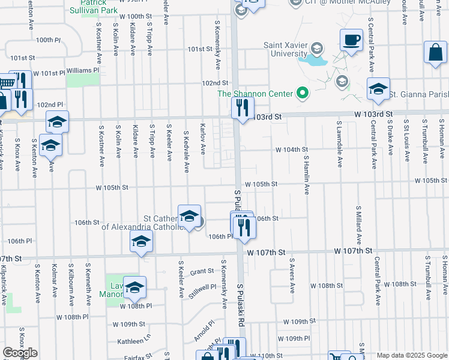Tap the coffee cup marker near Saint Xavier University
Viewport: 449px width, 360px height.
[x=351, y=41]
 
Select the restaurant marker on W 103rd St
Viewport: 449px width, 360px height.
[x=243, y=109]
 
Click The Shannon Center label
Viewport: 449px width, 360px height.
[x=255, y=94]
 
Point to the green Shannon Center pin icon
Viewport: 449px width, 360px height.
[x=303, y=93]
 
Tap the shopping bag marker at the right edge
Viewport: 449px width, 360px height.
[x=435, y=53]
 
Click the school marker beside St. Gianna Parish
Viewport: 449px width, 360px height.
[x=378, y=90]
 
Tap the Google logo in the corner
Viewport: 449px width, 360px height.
[x=20, y=353]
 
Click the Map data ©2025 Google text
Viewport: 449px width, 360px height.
[x=411, y=355]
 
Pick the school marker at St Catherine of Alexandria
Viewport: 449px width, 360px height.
[x=189, y=217]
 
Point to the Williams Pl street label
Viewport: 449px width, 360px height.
[x=83, y=70]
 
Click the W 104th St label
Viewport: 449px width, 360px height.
[x=292, y=149]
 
